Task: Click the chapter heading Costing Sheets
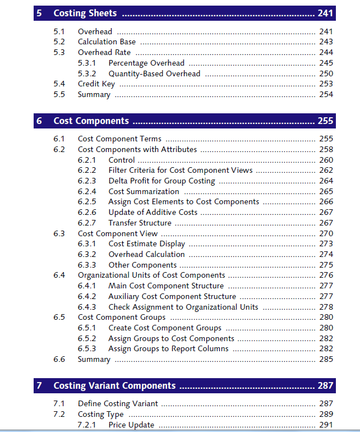[85, 13]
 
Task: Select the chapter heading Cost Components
[91, 121]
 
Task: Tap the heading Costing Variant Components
[114, 385]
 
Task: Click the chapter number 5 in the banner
[39, 13]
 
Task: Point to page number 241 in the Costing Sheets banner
[325, 13]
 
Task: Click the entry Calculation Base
[106, 42]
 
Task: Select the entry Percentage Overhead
[146, 63]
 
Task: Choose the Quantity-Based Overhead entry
[154, 73]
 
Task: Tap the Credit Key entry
[96, 84]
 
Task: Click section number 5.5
[59, 94]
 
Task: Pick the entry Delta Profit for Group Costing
[161, 181]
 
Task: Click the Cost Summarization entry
[144, 191]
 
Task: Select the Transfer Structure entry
[140, 223]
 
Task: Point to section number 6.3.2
[87, 254]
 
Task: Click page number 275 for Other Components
[326, 265]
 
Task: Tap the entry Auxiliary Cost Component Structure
[172, 296]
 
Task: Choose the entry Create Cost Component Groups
[165, 328]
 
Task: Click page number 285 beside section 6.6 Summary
[326, 359]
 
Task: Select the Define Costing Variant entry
[118, 403]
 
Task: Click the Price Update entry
[131, 425]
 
